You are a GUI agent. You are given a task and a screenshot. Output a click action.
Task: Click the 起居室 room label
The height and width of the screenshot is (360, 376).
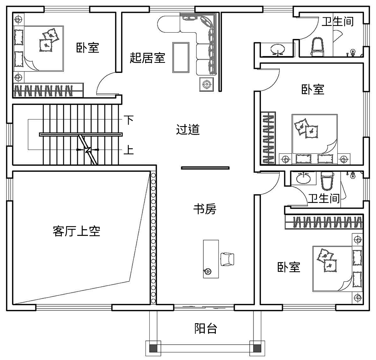click(x=147, y=58)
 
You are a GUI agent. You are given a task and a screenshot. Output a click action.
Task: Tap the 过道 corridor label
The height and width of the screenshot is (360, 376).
click(x=188, y=130)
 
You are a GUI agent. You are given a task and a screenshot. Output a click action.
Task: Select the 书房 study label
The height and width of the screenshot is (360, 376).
click(x=205, y=209)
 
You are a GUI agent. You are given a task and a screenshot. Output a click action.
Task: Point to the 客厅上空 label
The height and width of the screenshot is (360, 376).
click(x=76, y=231)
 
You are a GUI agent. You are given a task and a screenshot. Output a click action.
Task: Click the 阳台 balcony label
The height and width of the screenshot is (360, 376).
click(x=206, y=328)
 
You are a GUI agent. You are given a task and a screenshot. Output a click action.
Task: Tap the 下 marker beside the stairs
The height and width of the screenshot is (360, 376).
click(x=129, y=119)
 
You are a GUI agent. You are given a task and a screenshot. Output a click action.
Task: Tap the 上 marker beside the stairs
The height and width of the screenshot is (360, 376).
click(x=129, y=150)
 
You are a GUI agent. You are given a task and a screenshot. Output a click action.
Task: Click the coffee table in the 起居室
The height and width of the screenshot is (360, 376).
click(x=181, y=57)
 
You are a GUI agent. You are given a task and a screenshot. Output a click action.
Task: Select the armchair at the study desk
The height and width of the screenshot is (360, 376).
click(x=227, y=259)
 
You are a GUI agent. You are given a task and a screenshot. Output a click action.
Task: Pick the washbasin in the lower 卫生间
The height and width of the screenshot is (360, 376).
click(x=303, y=178)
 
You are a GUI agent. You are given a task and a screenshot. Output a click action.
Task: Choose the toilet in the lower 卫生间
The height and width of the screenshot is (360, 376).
click(x=326, y=180)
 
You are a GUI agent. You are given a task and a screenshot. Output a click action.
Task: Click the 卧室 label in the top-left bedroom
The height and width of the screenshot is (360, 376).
click(x=88, y=48)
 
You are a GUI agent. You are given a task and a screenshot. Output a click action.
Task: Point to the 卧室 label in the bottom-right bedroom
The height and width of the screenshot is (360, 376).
click(x=289, y=267)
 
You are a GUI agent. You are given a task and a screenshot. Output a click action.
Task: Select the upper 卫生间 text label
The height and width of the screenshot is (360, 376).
click(x=338, y=21)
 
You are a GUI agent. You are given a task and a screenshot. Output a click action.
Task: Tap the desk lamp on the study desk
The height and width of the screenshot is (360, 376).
click(x=207, y=271)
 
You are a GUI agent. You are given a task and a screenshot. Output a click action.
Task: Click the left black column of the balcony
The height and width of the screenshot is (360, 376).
click(x=153, y=348)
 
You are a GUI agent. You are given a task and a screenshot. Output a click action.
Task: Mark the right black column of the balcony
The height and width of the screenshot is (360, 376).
click(x=257, y=348)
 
